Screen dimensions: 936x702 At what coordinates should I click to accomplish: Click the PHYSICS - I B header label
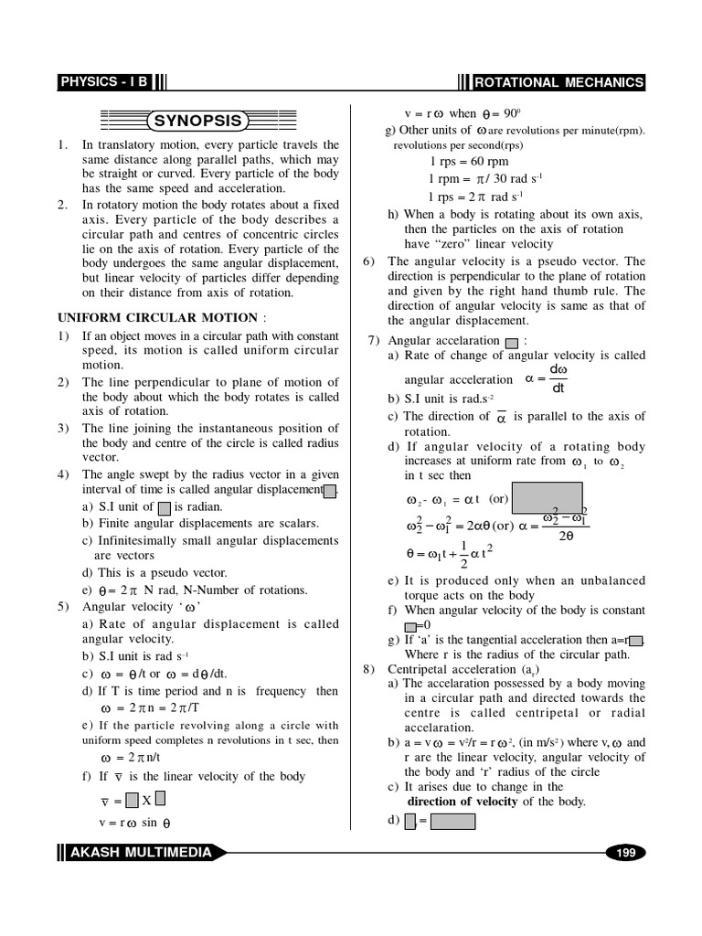pos(102,82)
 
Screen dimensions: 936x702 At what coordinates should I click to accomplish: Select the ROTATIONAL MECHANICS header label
pos(558,82)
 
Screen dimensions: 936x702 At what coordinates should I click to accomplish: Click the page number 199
pos(625,853)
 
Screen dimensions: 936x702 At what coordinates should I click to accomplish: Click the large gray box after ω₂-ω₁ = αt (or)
pos(548,498)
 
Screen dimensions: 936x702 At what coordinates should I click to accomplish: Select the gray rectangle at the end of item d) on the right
pos(452,821)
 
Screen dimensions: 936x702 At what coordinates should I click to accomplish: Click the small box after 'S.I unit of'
pos(164,507)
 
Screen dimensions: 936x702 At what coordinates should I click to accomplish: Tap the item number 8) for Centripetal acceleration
pos(370,669)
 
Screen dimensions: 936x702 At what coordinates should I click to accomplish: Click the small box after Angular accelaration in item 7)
pos(511,342)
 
